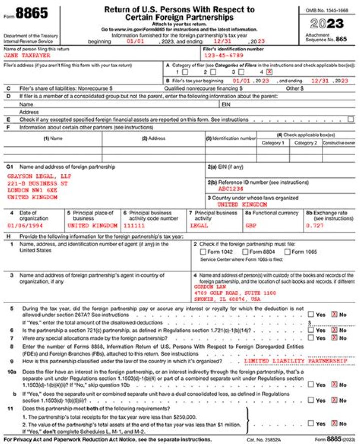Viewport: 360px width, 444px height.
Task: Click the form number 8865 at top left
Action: [x=31, y=14]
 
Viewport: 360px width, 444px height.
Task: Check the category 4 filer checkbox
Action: [x=270, y=72]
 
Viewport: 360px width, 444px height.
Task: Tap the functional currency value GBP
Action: [x=250, y=226]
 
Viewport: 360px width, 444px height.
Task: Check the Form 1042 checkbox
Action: [x=203, y=252]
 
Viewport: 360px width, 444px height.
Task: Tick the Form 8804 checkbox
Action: [x=245, y=252]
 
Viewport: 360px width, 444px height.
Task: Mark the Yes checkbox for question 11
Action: [x=311, y=424]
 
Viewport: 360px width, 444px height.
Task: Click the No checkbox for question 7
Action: [x=335, y=338]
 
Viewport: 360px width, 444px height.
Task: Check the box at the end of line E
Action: [x=350, y=119]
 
